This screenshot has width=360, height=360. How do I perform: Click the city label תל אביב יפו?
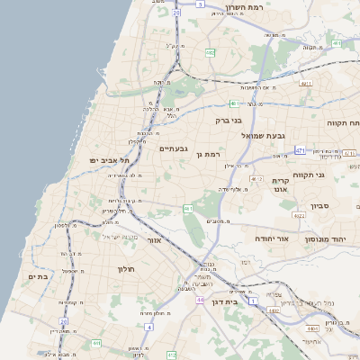[x=110, y=159]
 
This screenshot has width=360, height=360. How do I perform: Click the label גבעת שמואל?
[x=264, y=135]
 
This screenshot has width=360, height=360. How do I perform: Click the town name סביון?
[x=320, y=206]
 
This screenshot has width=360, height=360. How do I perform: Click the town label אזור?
[x=153, y=241]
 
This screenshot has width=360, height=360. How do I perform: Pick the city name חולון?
[x=124, y=269]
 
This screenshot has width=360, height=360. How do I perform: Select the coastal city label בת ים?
[x=38, y=277]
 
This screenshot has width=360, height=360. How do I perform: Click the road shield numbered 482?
[x=210, y=53]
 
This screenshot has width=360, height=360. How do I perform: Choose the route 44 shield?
[x=199, y=299]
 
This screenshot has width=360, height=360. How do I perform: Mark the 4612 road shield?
[x=256, y=179]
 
